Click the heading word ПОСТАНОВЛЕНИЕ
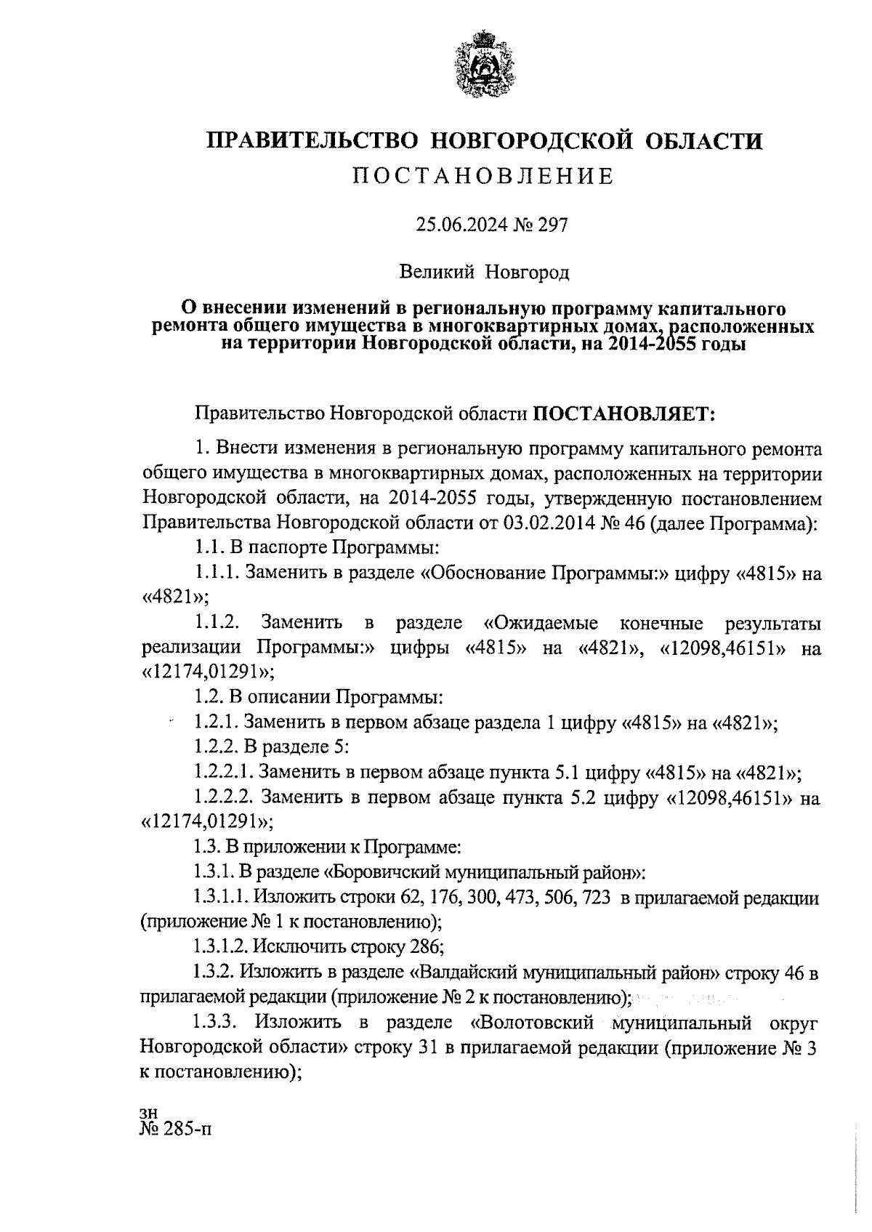pyautogui.click(x=484, y=177)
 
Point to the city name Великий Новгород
pyautogui.click(x=484, y=273)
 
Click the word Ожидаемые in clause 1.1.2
pyautogui.click(x=541, y=624)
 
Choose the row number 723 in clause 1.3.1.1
pyautogui.click(x=596, y=898)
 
